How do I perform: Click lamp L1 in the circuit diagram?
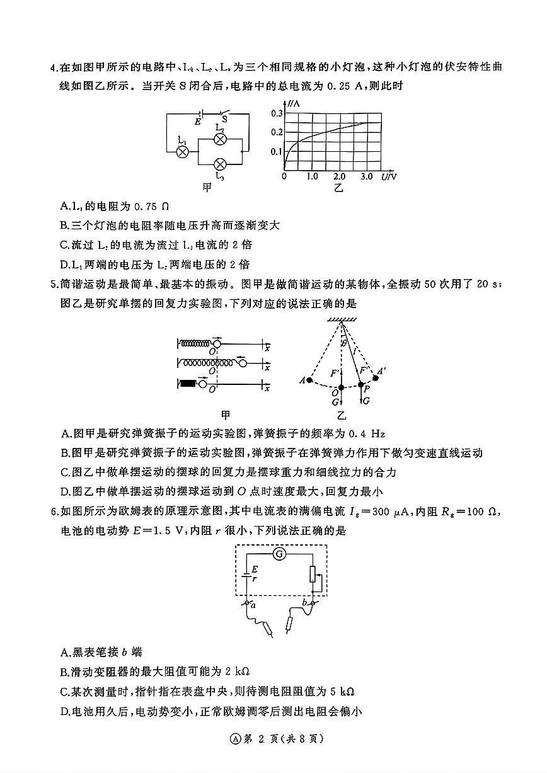tap(182, 152)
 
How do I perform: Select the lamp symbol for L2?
tap(220, 139)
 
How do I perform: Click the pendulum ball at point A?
tap(309, 381)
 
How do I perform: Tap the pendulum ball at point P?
tap(361, 384)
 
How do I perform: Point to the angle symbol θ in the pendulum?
tap(343, 343)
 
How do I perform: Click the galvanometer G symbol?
tap(279, 554)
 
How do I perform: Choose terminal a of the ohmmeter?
tap(248, 604)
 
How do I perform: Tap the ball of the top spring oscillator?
tap(217, 343)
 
